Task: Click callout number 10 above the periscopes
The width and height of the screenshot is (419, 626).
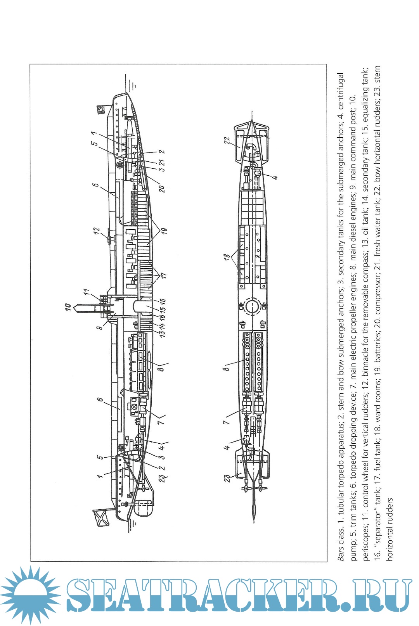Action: (x=68, y=308)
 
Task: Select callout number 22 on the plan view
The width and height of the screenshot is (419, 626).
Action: (x=227, y=140)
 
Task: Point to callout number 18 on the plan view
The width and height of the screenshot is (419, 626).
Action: (x=227, y=257)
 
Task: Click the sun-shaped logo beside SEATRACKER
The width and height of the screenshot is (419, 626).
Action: (x=28, y=595)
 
